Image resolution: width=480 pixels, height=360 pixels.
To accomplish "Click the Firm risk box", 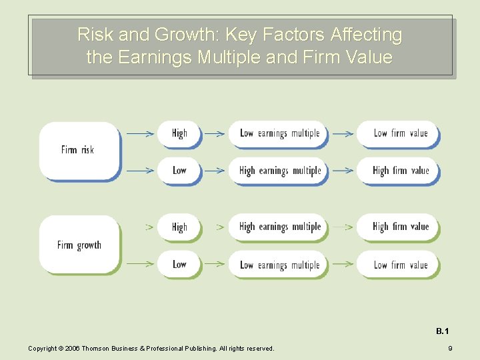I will pyautogui.click(x=79, y=151).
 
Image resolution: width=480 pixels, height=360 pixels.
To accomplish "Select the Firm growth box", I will pyautogui.click(x=79, y=245).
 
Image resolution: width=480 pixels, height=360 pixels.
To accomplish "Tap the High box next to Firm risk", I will pyautogui.click(x=179, y=133).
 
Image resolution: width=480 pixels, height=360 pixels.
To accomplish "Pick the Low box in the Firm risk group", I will pyautogui.click(x=179, y=171).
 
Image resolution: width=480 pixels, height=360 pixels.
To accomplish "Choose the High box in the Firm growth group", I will pyautogui.click(x=179, y=227).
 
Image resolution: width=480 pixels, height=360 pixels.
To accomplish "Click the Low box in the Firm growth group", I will pyautogui.click(x=179, y=265).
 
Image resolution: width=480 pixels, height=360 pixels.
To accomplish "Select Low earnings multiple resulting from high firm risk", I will pyautogui.click(x=279, y=133).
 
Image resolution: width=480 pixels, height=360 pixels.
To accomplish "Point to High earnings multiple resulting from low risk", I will pyautogui.click(x=279, y=171).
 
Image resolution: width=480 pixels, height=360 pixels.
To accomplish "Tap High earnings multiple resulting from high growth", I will pyautogui.click(x=279, y=227).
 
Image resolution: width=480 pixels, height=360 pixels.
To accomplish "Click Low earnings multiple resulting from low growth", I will pyautogui.click(x=279, y=265).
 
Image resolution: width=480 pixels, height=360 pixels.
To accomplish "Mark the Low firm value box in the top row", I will pyautogui.click(x=399, y=133).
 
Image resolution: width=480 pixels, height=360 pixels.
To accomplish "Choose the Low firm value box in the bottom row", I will pyautogui.click(x=399, y=265).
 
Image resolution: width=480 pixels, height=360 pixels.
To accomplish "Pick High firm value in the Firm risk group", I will pyautogui.click(x=399, y=171).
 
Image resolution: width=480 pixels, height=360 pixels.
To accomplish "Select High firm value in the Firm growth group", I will pyautogui.click(x=399, y=227).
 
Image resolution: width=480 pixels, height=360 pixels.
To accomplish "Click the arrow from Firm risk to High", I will pyautogui.click(x=140, y=133).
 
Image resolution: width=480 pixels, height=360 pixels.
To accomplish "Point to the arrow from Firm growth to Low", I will pyautogui.click(x=140, y=265).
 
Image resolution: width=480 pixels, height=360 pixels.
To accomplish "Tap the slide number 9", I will pyautogui.click(x=450, y=348).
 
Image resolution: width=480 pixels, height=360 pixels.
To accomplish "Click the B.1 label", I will pyautogui.click(x=443, y=331).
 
